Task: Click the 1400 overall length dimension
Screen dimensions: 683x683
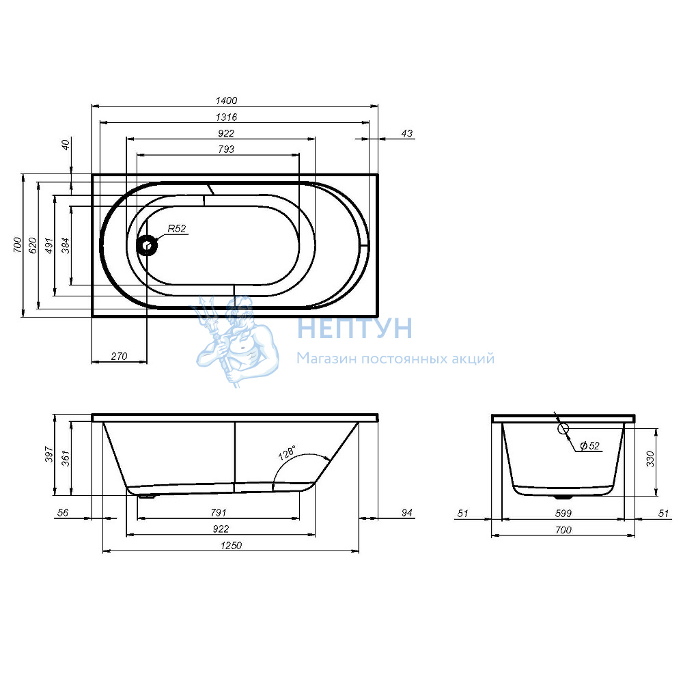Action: point(226,100)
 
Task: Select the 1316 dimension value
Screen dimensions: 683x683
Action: point(226,117)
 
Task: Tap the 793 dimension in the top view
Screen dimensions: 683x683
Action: point(226,150)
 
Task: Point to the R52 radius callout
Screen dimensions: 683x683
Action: point(177,229)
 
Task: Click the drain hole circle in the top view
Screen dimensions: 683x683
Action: point(148,245)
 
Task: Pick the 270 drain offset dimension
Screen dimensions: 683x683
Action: point(119,357)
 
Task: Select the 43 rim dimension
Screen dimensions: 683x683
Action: point(406,133)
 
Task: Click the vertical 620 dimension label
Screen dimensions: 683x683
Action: point(33,246)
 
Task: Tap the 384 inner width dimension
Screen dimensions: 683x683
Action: point(65,246)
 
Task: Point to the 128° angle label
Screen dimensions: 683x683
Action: point(287,453)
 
